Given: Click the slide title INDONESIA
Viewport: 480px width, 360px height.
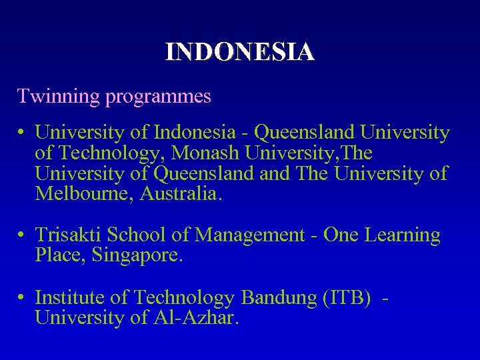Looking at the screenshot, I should (x=240, y=51).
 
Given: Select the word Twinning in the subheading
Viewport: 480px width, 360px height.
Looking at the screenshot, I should (x=58, y=97).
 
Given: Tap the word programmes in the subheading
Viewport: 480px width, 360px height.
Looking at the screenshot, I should (x=157, y=97).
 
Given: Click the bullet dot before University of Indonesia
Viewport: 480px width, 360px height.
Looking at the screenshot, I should (x=22, y=133).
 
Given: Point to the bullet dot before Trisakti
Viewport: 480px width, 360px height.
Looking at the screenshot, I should (x=22, y=236).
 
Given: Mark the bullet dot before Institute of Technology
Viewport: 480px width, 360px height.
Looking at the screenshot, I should (x=22, y=298).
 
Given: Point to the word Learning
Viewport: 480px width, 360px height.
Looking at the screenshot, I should (x=400, y=235).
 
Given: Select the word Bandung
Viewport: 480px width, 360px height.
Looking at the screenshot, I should (x=279, y=297).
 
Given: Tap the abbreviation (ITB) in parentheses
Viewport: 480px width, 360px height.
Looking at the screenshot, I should (x=347, y=297).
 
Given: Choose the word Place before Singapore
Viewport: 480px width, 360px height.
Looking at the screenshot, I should (x=56, y=256).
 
